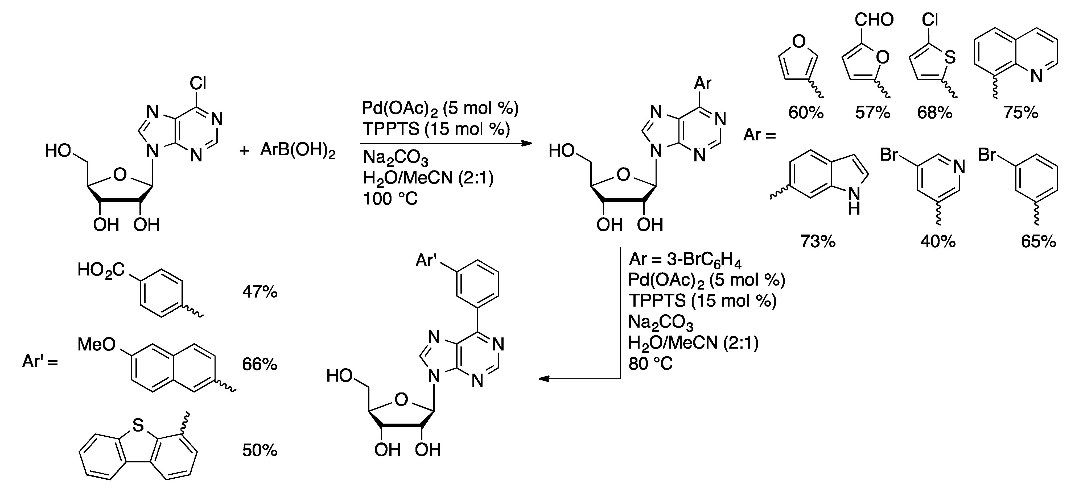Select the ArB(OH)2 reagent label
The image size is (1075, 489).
[298, 150]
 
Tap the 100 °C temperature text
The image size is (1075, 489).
[390, 199]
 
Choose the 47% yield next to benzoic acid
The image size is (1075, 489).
[260, 292]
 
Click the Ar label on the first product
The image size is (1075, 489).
[702, 83]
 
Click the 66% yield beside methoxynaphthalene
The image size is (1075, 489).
[260, 364]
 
